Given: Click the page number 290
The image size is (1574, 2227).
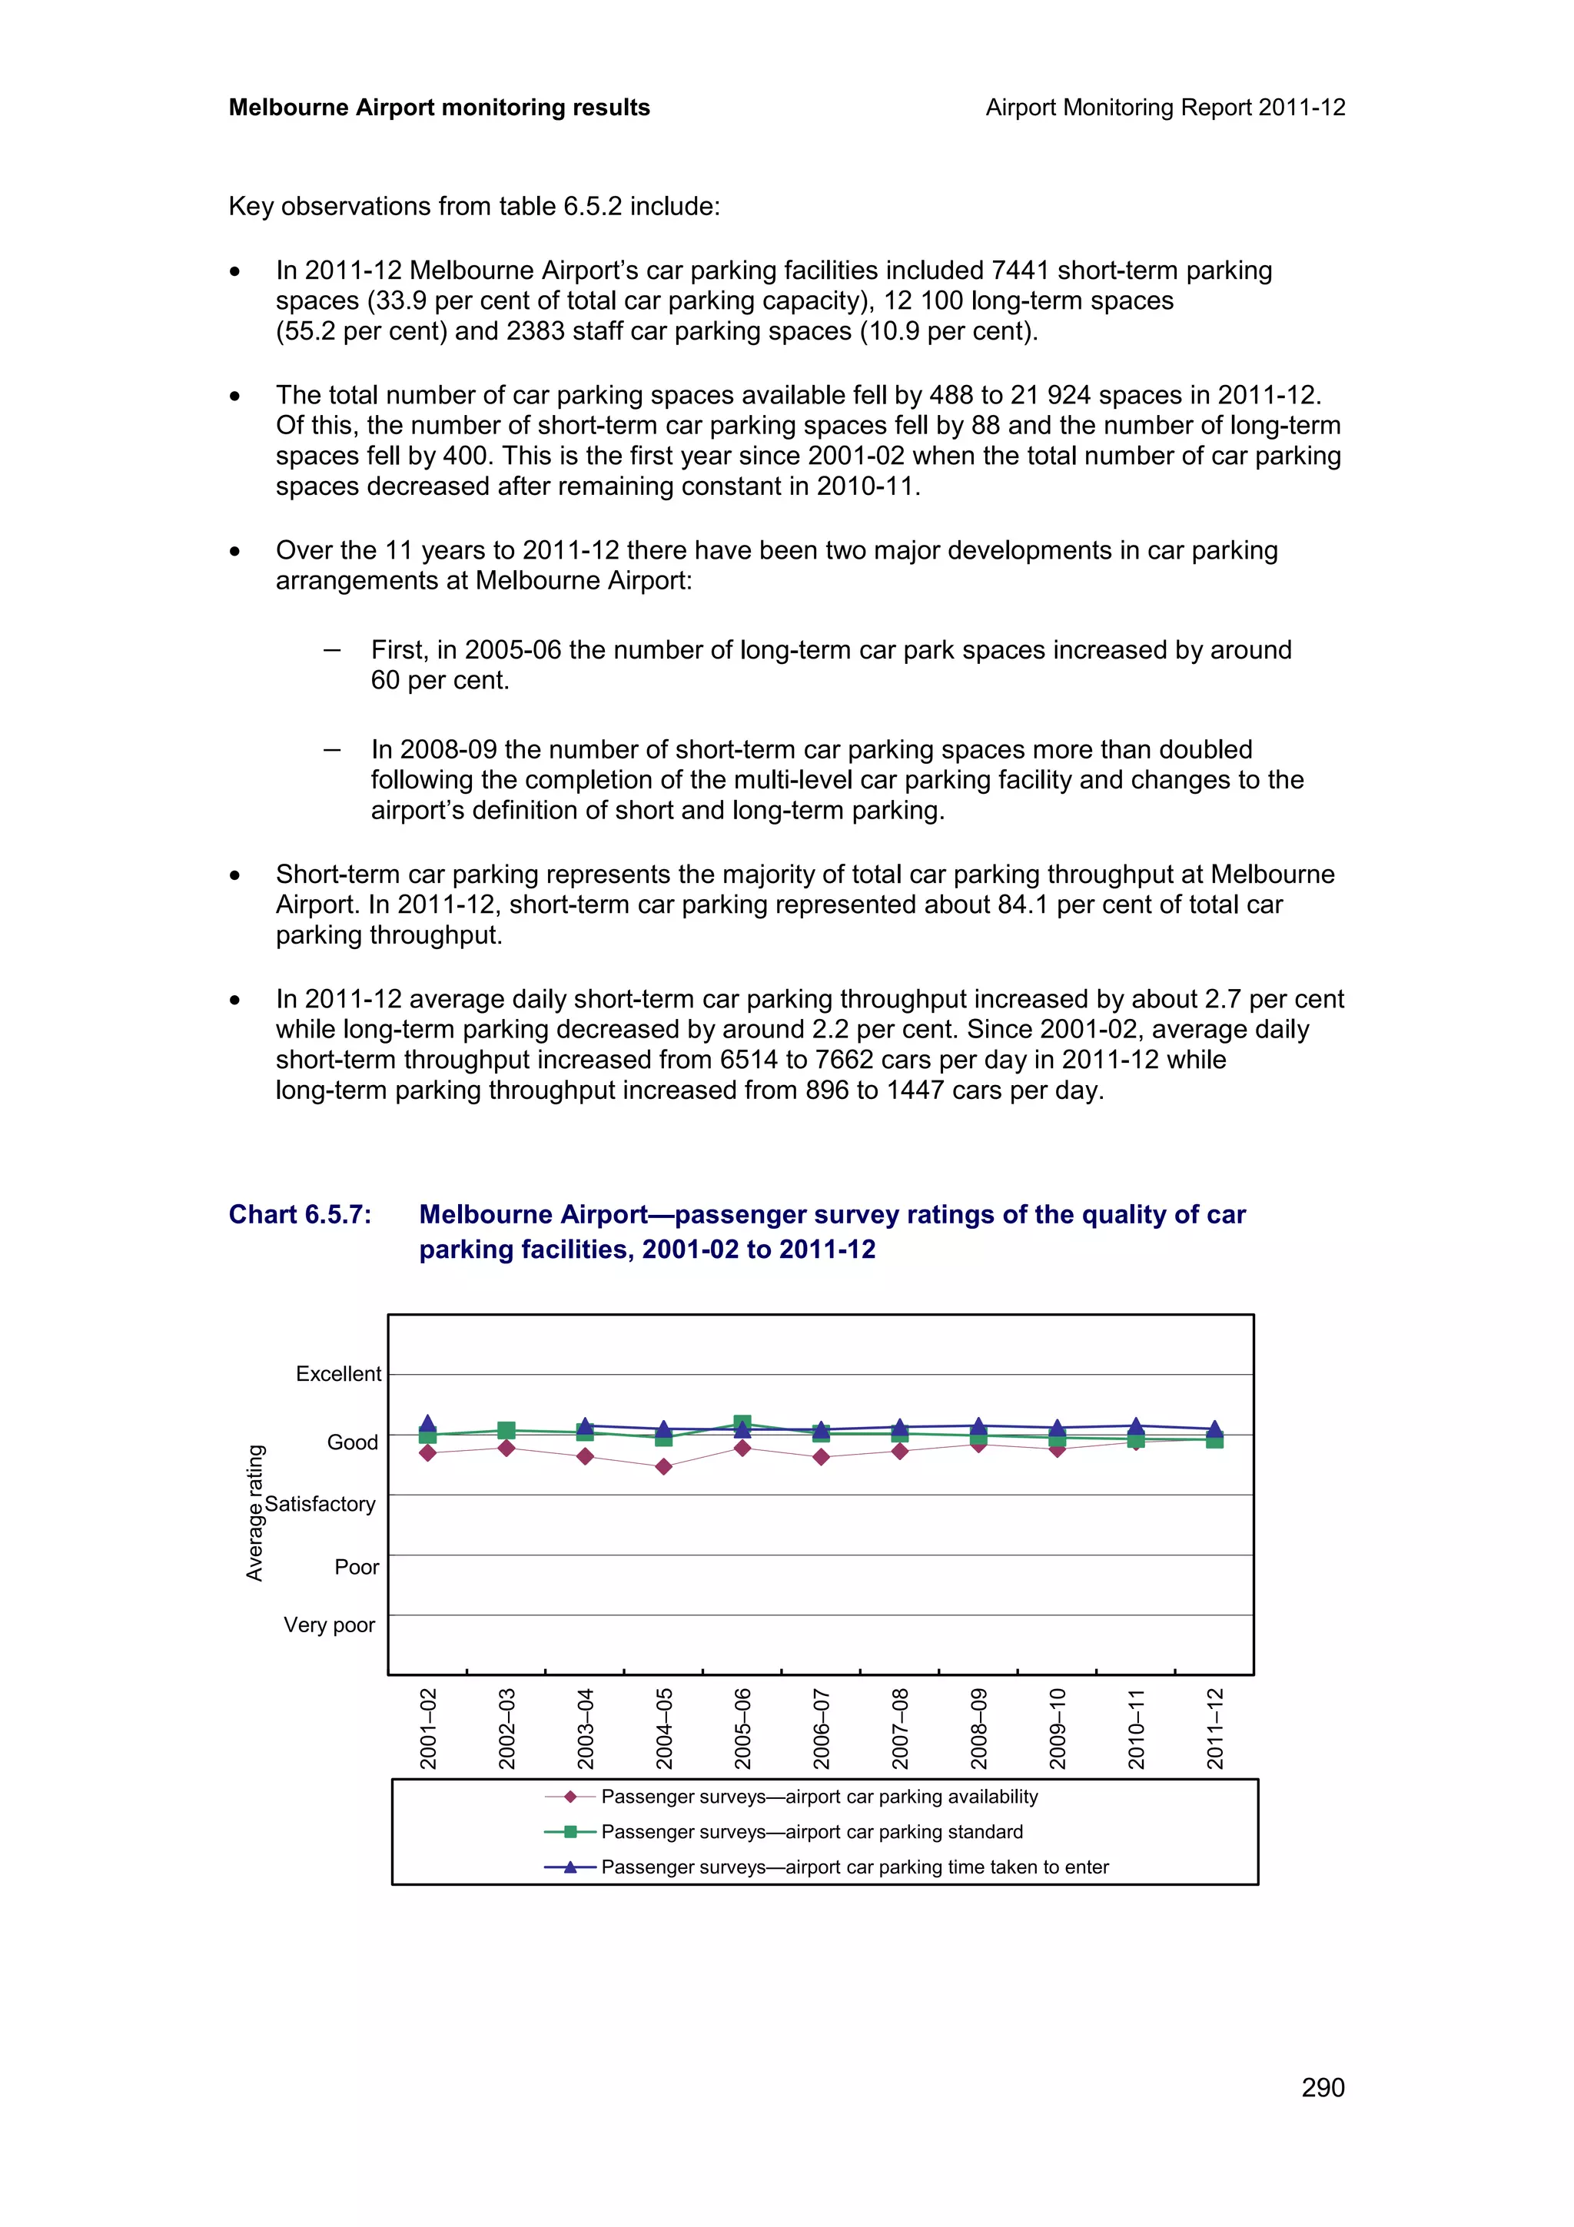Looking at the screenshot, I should (x=1322, y=2087).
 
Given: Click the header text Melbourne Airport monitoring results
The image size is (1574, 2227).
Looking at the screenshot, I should (x=440, y=108).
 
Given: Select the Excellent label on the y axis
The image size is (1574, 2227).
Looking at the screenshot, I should (x=338, y=1373).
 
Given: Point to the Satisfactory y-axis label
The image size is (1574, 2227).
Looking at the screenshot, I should (x=320, y=1503).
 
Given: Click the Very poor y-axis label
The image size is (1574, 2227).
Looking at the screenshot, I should (x=329, y=1625).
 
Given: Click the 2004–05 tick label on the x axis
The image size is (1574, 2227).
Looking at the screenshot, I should (x=664, y=1728).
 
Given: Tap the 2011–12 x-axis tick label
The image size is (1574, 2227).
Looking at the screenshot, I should (x=1215, y=1728).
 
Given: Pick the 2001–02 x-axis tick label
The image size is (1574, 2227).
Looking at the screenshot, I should (x=427, y=1728).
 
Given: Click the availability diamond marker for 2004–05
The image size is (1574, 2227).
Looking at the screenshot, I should (x=663, y=1466).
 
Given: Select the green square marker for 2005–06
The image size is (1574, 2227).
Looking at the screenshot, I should (x=742, y=1424).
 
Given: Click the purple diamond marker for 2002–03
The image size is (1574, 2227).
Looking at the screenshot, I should (x=506, y=1448).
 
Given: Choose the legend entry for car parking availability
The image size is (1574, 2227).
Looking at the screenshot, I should (x=819, y=1797).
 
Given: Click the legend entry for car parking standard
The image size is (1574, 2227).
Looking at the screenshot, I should (x=811, y=1831).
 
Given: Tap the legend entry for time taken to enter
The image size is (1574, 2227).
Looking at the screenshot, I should (x=853, y=1867).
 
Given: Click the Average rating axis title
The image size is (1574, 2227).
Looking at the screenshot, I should (x=255, y=1513).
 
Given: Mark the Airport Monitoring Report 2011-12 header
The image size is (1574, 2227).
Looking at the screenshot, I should (x=1164, y=108).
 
